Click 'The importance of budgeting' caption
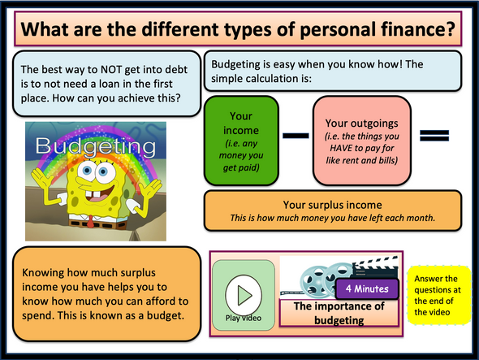click(x=340, y=313)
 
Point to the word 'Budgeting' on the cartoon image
click(x=96, y=149)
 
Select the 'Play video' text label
click(x=242, y=318)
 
